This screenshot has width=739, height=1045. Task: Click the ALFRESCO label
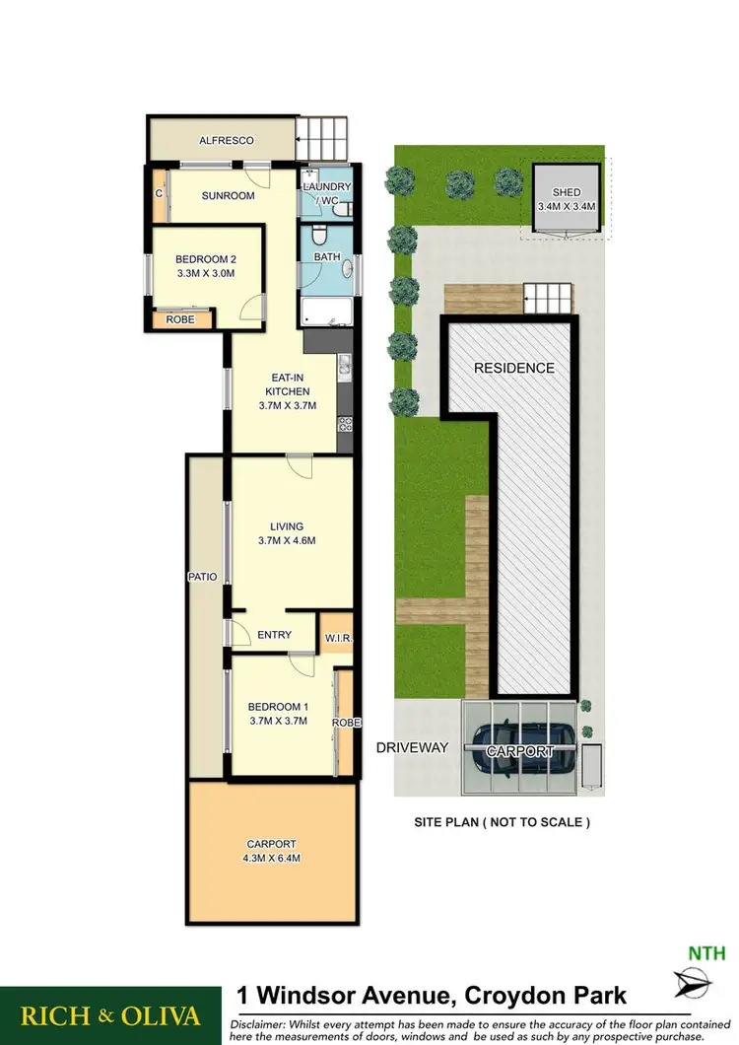pos(220,141)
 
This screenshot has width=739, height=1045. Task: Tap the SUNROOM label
pos(229,195)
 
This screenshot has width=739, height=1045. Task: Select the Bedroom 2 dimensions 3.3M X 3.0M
pos(206,273)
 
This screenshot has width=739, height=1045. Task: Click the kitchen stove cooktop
pos(346,424)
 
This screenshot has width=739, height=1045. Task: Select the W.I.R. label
pos(338,640)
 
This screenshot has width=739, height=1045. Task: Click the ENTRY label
pos(274,635)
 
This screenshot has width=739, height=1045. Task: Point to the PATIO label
pos(205,576)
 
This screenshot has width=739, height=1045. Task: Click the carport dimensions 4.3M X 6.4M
pos(272,858)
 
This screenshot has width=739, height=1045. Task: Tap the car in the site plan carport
pos(518,746)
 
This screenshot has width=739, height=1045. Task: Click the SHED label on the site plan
pos(567,192)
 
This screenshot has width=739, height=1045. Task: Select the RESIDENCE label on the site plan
pos(514,368)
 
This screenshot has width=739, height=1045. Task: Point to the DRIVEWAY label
pos(412,748)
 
